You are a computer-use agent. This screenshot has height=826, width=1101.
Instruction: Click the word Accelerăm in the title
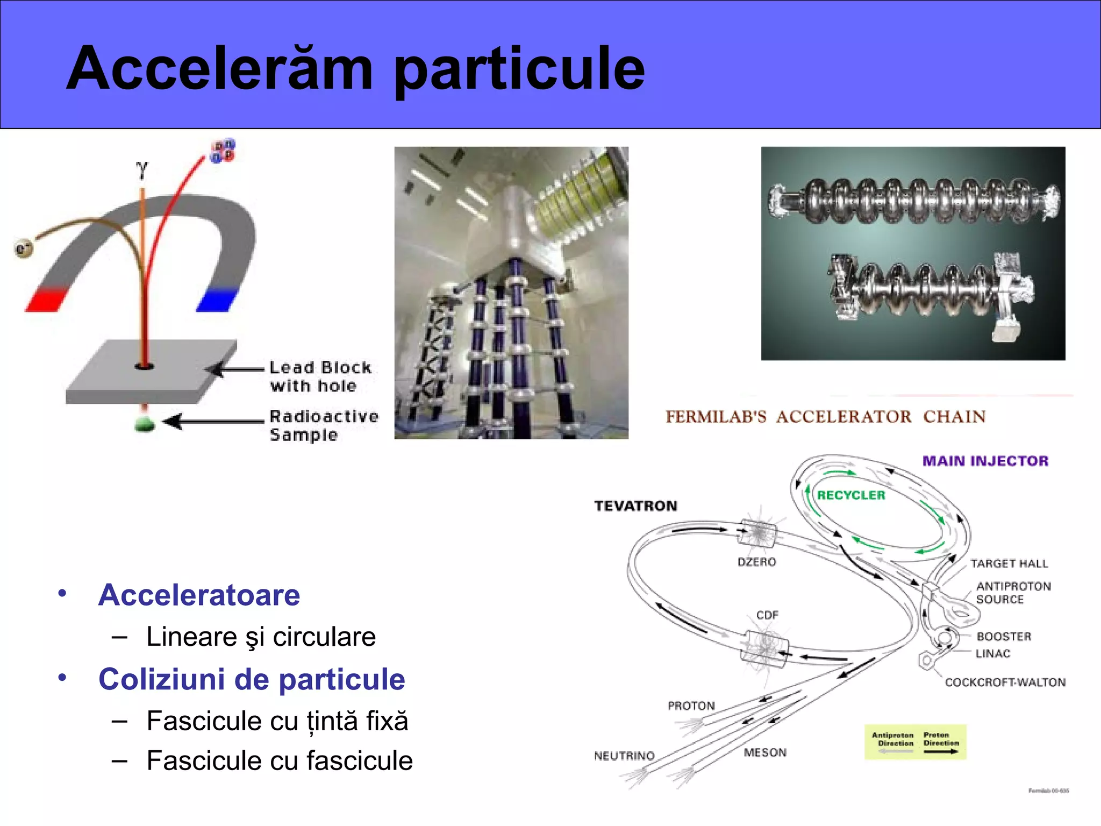tap(219, 68)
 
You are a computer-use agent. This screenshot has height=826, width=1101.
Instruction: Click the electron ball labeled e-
tap(23, 248)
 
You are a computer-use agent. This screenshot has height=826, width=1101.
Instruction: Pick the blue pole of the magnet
tap(217, 300)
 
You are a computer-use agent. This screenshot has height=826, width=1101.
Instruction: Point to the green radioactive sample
tap(144, 424)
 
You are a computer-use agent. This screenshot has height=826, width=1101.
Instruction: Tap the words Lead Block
tap(320, 368)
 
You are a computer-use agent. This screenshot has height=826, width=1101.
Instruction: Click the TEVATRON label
tap(635, 506)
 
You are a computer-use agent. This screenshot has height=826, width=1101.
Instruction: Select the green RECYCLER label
tap(851, 495)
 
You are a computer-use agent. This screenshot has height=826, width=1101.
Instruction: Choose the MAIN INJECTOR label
tap(985, 461)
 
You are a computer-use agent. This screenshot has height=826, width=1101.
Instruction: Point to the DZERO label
tap(756, 562)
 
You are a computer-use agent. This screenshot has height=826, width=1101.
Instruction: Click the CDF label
tap(767, 615)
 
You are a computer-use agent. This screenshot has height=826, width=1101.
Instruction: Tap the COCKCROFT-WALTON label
tap(1005, 682)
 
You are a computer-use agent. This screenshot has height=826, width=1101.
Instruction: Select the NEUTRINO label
tap(624, 756)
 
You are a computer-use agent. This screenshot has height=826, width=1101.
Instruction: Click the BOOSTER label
tap(1004, 637)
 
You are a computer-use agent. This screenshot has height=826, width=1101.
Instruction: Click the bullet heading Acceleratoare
tap(199, 595)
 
